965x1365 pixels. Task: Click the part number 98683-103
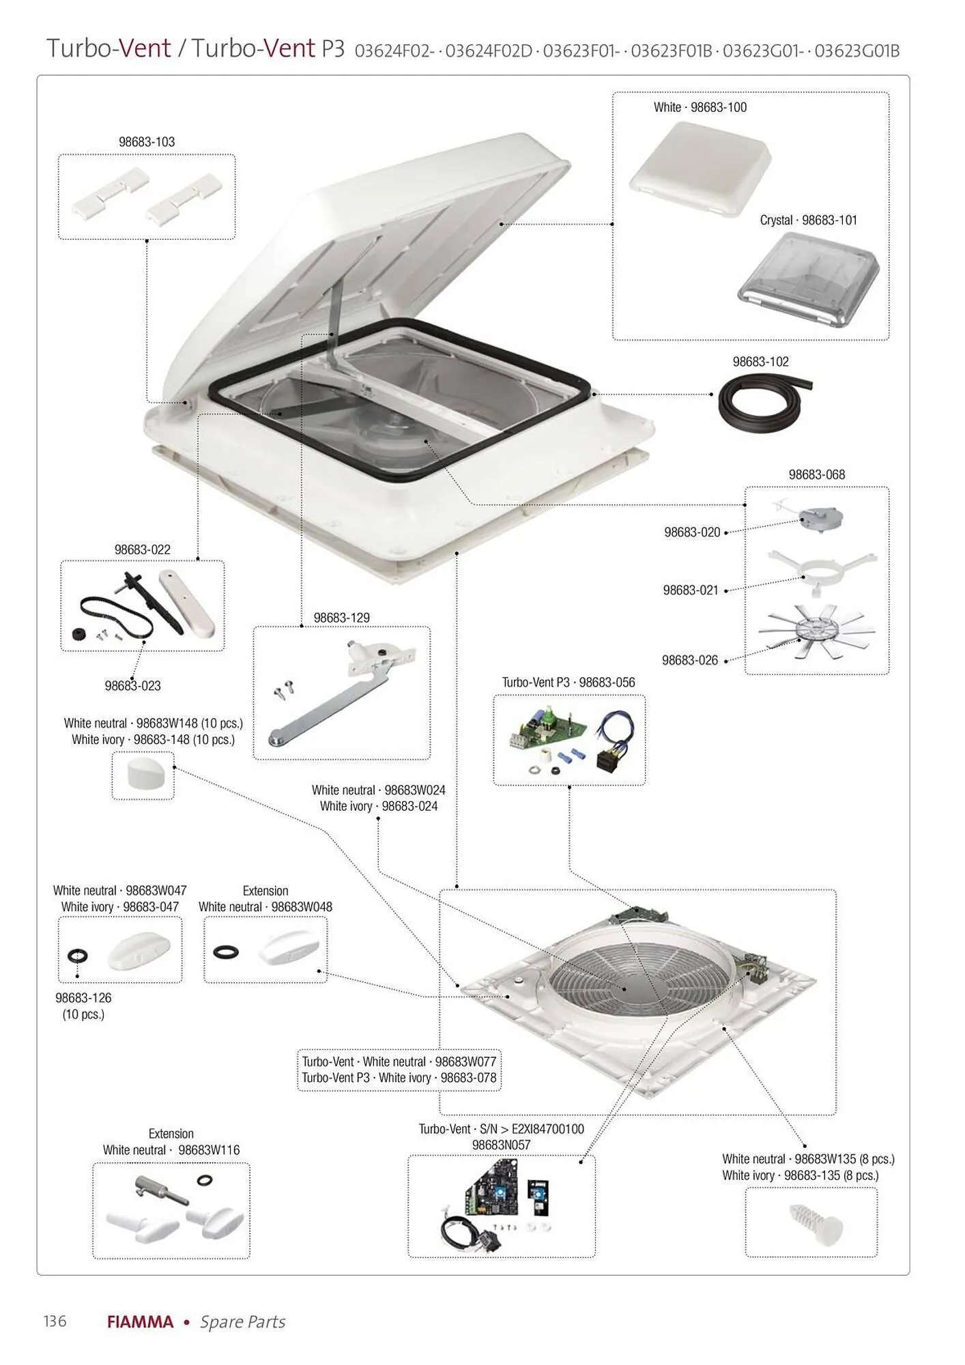(x=147, y=142)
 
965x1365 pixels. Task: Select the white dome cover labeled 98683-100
(x=700, y=167)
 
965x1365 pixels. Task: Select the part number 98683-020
(x=692, y=532)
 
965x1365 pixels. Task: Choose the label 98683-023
(x=133, y=686)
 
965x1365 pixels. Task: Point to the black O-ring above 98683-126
(x=78, y=954)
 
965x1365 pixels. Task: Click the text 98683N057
(x=501, y=1145)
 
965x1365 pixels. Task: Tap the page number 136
(x=55, y=1321)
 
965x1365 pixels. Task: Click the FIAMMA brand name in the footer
(x=140, y=1322)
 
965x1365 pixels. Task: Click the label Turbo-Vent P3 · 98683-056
(x=568, y=682)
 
